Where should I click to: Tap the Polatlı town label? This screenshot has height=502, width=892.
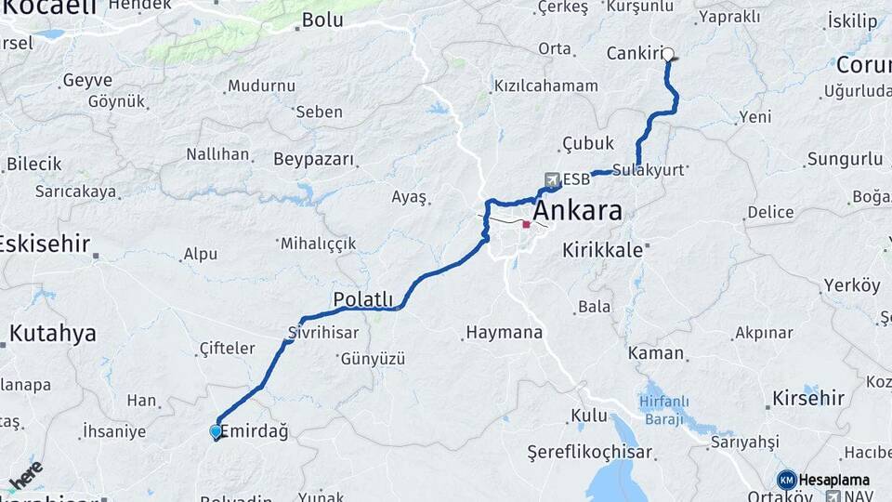(x=363, y=299)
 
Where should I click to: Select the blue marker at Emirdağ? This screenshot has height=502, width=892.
(x=216, y=431)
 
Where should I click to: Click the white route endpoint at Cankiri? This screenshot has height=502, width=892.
(x=667, y=54)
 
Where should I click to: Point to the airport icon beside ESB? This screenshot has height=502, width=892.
(x=552, y=179)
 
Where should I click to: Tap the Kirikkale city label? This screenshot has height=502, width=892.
(x=603, y=250)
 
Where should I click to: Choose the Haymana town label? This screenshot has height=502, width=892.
(x=504, y=332)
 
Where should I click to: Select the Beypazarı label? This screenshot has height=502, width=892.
(x=314, y=159)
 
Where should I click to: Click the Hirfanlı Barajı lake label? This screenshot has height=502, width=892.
(x=665, y=410)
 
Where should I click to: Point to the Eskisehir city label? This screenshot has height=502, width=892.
(x=45, y=244)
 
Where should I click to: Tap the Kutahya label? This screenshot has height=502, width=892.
(x=53, y=334)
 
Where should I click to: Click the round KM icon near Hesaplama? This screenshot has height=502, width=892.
(x=787, y=480)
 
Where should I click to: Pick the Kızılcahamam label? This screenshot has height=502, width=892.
(x=546, y=86)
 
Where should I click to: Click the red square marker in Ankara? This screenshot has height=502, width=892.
(x=526, y=224)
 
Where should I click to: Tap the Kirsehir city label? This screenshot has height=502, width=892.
(x=808, y=398)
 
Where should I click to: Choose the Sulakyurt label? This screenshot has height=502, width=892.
(x=649, y=170)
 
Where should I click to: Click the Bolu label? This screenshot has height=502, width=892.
(x=322, y=20)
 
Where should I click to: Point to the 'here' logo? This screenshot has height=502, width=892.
(x=26, y=474)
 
